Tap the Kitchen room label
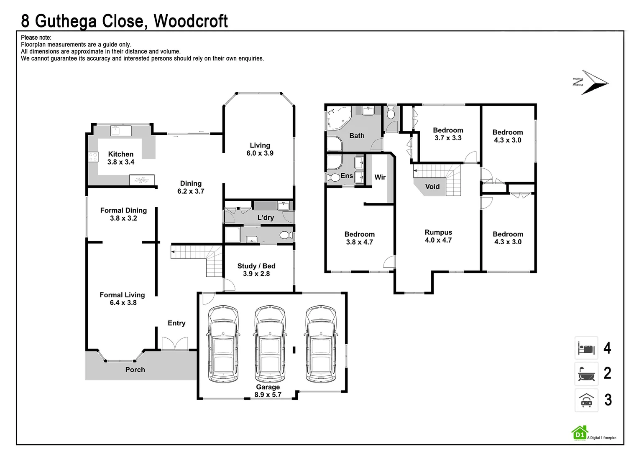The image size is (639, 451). (x=121, y=154)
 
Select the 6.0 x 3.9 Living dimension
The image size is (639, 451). (x=260, y=153)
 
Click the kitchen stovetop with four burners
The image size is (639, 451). (x=93, y=157)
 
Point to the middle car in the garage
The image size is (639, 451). (x=270, y=344)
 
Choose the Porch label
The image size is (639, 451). (x=135, y=370)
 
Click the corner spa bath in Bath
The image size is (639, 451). (x=339, y=118)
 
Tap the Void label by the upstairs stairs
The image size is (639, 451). (x=432, y=187)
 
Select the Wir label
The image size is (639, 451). (x=380, y=177)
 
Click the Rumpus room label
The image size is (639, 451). (x=438, y=232)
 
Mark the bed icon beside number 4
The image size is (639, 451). (x=586, y=348)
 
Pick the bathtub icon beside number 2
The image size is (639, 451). (x=586, y=373)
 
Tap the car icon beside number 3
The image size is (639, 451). (x=586, y=400)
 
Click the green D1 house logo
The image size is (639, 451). (x=579, y=433)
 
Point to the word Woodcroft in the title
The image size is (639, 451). (x=191, y=20)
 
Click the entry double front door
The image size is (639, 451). (x=175, y=344)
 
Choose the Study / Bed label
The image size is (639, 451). (x=256, y=266)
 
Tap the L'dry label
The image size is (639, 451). (x=266, y=218)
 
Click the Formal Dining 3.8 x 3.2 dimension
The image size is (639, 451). (x=123, y=218)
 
